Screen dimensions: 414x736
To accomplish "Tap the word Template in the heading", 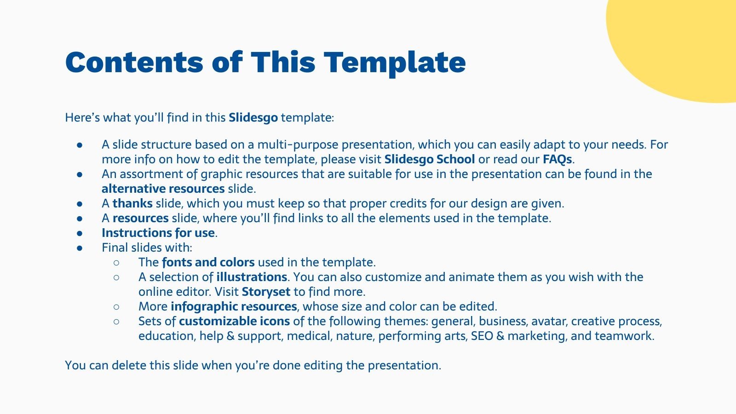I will coord(395,63).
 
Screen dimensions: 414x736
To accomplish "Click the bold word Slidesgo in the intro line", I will coord(253,117).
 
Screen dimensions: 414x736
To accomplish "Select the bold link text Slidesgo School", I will coord(429,159).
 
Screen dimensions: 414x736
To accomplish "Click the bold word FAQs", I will coord(557,159).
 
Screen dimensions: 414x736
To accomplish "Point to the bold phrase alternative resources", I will coord(163,189).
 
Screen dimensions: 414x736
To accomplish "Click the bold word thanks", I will coord(132,203).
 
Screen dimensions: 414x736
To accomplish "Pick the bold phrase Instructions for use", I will coord(158,233).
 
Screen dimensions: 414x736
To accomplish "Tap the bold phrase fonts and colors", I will coord(208,262).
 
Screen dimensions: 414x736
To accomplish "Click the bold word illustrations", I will coord(252,277).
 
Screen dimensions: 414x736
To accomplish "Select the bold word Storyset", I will coord(266,292).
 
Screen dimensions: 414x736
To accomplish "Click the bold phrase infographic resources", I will coord(234,306).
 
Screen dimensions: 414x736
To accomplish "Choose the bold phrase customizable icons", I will coord(234,321).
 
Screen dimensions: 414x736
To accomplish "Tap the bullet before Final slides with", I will coord(80,248).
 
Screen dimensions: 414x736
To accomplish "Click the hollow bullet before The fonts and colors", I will coord(116,263).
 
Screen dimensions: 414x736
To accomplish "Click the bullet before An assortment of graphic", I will coord(80,174).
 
